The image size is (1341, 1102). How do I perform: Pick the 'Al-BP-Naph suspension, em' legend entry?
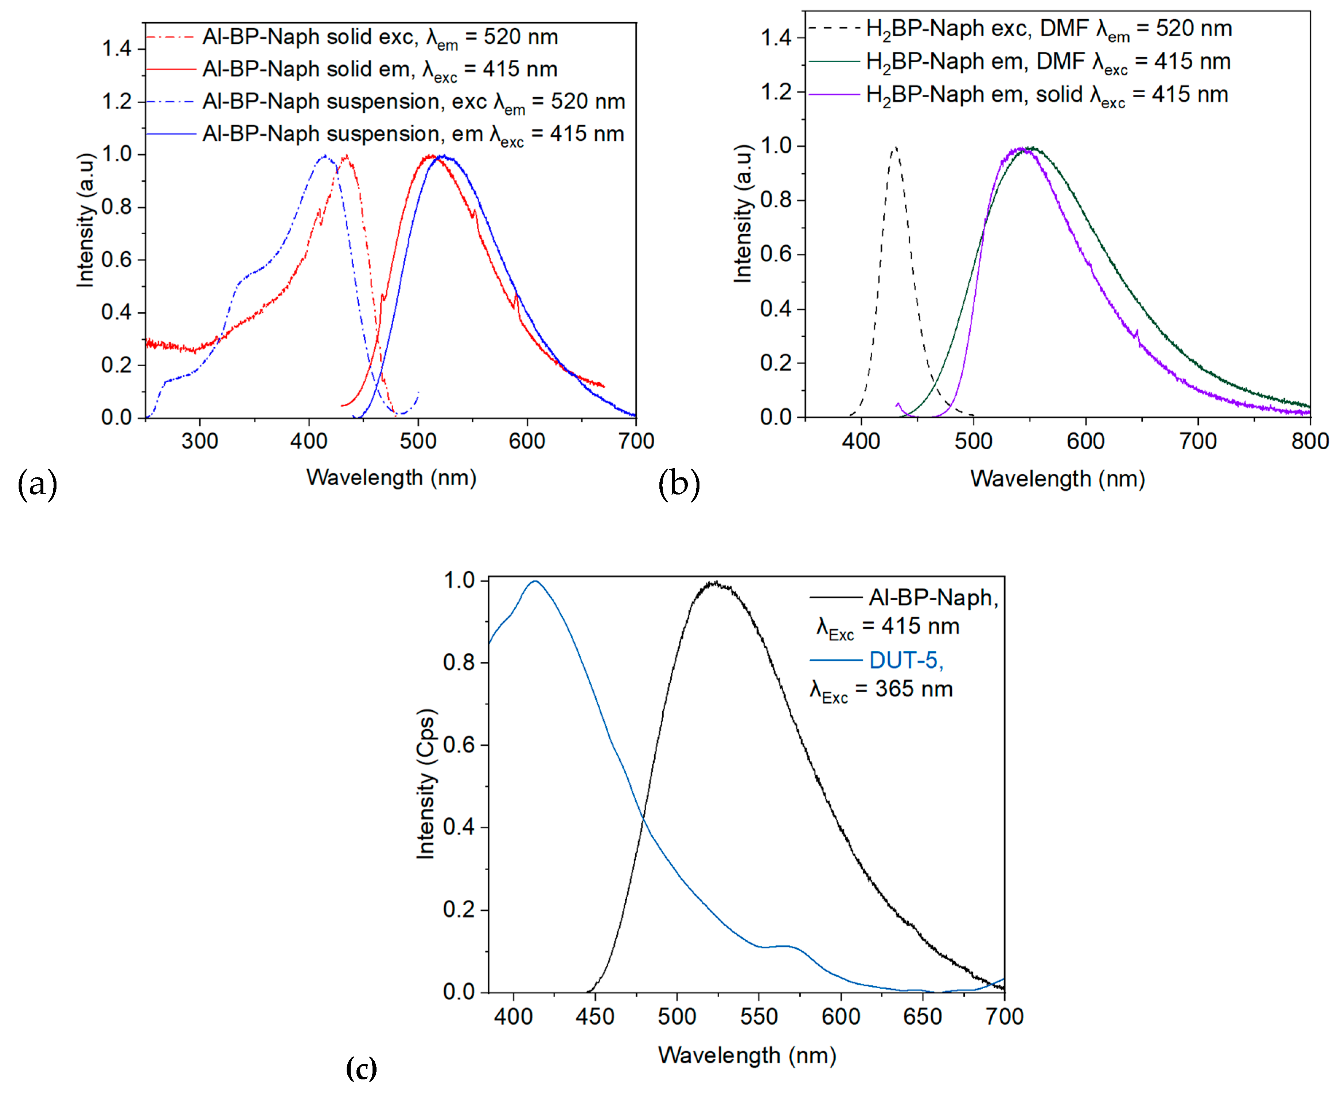click(413, 134)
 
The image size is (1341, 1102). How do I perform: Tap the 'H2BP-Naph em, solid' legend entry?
click(1046, 95)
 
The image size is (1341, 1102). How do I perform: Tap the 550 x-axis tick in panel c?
click(759, 1016)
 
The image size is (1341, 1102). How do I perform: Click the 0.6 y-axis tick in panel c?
click(459, 745)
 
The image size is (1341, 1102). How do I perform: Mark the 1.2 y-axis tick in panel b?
click(776, 93)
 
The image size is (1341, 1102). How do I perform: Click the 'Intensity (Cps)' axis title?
click(425, 784)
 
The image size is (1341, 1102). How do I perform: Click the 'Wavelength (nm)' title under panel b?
click(1057, 478)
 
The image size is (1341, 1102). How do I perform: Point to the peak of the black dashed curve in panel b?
click(895, 148)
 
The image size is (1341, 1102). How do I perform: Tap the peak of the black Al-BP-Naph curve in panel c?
click(714, 583)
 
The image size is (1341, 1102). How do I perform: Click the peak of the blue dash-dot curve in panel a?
click(325, 156)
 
